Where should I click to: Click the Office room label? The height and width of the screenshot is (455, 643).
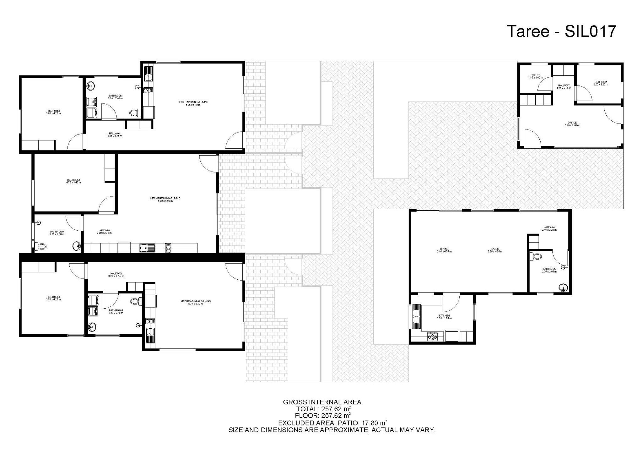[x=572, y=124]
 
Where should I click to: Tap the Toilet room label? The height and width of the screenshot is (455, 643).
[x=535, y=76]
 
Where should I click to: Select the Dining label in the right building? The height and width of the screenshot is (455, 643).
[x=444, y=250]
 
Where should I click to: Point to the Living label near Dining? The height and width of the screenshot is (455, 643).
[x=495, y=250]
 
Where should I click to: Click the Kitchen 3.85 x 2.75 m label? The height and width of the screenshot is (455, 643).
[x=444, y=317]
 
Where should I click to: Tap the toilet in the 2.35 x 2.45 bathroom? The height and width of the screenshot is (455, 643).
[x=536, y=257]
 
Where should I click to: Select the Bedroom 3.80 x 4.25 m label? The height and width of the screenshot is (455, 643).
[x=53, y=112]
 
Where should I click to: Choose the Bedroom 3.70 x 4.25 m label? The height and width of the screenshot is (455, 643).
[x=53, y=298]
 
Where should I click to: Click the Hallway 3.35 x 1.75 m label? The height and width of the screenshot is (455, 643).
[x=115, y=134]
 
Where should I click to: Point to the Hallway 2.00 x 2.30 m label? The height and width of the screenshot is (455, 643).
[x=104, y=232]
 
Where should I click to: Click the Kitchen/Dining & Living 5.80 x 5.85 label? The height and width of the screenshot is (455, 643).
[x=165, y=199]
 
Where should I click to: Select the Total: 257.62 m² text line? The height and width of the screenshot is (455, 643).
[x=323, y=409]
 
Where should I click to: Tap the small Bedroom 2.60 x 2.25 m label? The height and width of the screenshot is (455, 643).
[x=601, y=83]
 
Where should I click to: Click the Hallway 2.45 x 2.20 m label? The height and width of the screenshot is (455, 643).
[x=549, y=228]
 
